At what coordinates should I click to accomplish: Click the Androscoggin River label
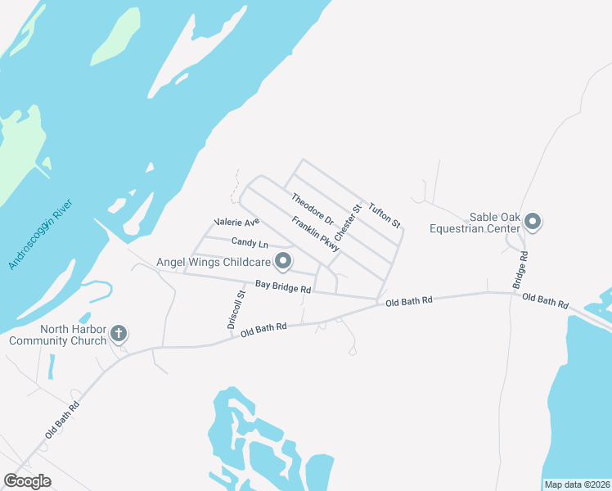42,232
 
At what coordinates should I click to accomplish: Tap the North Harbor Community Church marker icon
119,333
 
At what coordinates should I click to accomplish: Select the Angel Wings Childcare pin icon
283,262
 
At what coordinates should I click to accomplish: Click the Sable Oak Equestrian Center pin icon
533,222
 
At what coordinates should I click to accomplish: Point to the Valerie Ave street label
236,222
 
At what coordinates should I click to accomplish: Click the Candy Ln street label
250,243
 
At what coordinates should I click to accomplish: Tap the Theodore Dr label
313,209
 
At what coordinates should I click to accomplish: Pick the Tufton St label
384,214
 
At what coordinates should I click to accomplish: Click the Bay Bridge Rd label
283,288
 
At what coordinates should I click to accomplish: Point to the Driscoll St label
236,309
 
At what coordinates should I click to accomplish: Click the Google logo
27,481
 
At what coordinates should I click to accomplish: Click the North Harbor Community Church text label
56,335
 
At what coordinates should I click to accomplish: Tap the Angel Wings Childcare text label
214,262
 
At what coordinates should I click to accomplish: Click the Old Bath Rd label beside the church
62,419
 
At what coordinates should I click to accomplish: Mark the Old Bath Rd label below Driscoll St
263,331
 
